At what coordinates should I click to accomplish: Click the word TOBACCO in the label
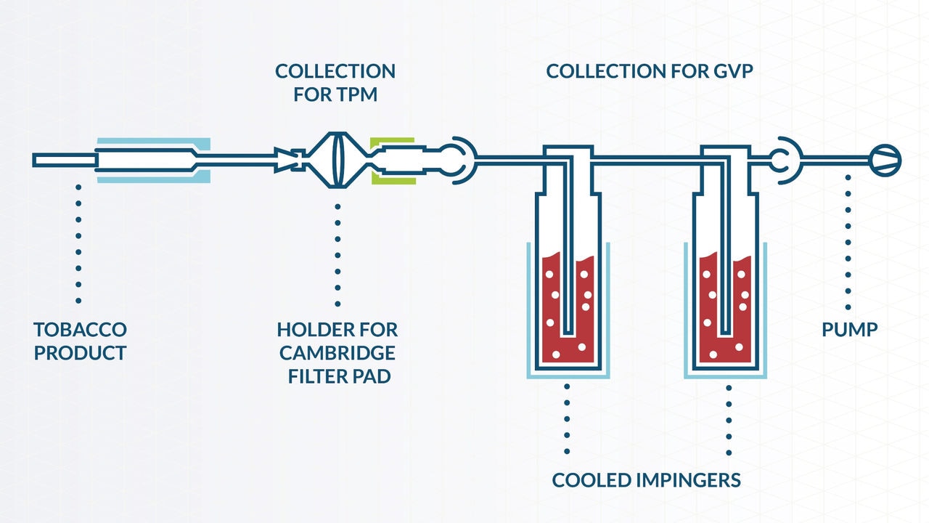pos(80,329)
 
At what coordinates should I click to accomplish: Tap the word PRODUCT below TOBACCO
pos(80,353)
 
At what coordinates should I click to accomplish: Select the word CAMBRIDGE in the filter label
pos(337,353)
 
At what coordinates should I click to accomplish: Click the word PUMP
pos(849,329)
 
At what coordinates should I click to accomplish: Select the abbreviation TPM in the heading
pos(357,94)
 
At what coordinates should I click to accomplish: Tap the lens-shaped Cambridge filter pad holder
pos(336,158)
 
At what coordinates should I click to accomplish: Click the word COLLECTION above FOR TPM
pos(335,71)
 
